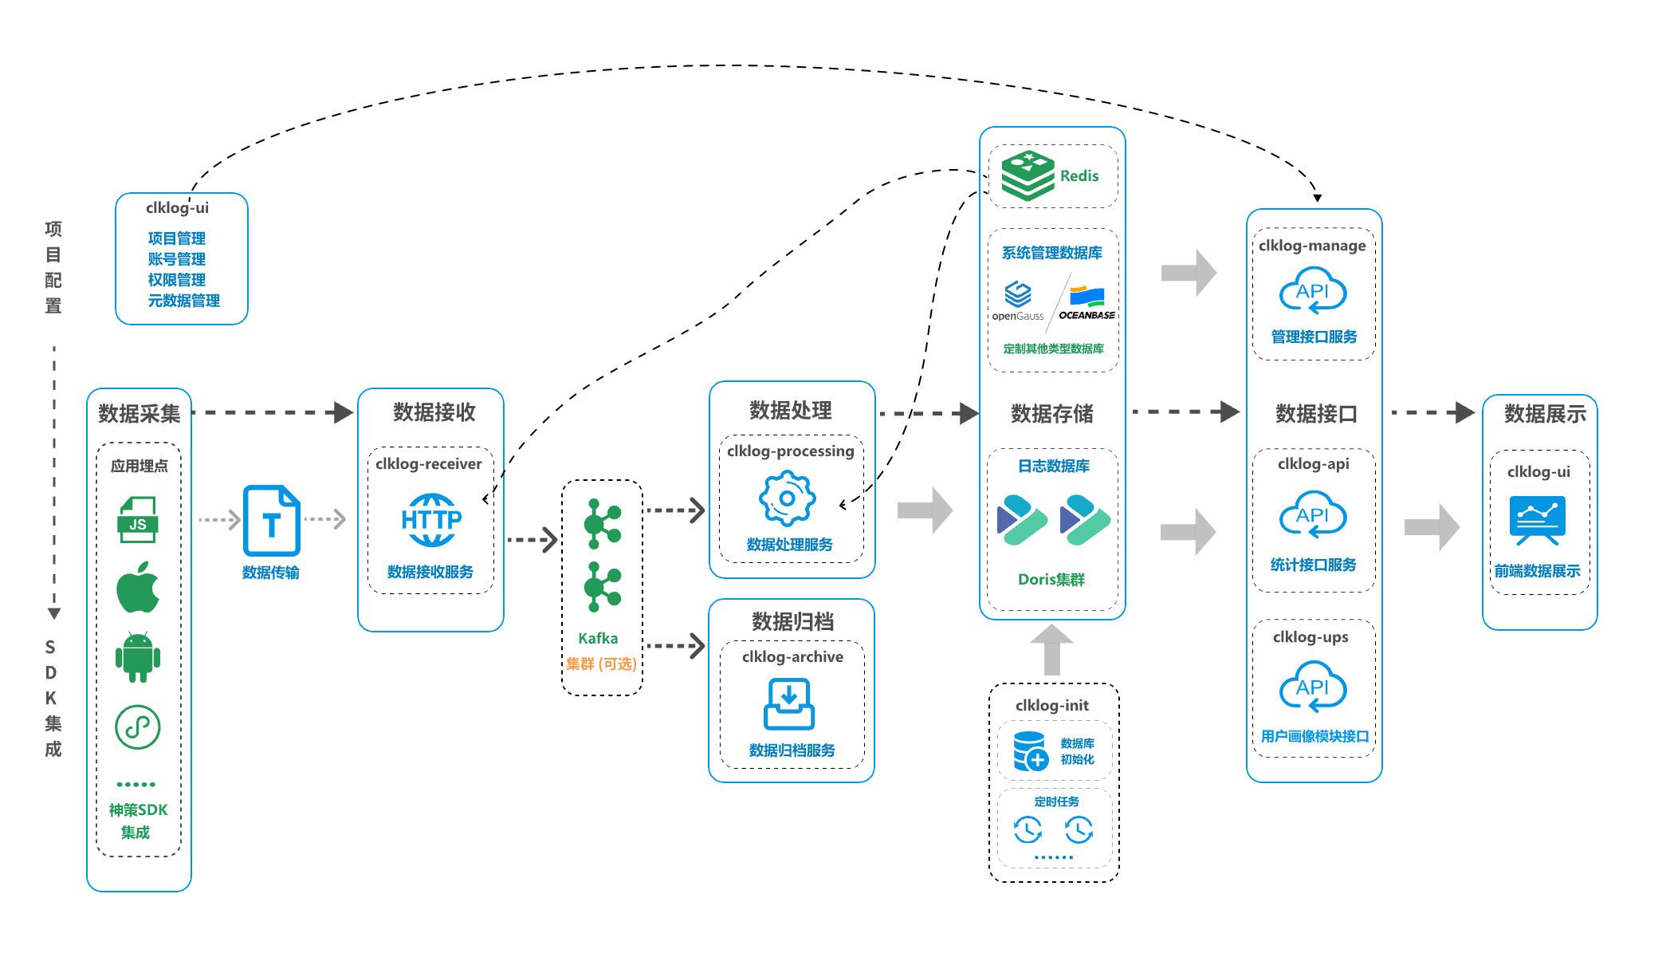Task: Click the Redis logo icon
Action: coord(1028,175)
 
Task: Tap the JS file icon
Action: coord(138,520)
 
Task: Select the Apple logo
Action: coord(138,587)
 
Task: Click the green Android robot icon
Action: coord(138,657)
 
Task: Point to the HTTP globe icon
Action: coord(431,520)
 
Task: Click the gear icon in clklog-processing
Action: coord(788,498)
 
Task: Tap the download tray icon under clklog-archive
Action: coord(789,703)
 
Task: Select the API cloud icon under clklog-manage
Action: coord(1313,293)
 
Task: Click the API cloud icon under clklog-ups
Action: coord(1313,687)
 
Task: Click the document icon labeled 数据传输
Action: coord(271,520)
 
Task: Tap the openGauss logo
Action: coord(1018,301)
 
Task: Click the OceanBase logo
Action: coord(1087,303)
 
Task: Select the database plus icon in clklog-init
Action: coord(1030,751)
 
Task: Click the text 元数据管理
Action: coord(184,301)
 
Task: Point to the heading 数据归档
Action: coord(792,621)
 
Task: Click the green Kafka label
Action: coord(598,638)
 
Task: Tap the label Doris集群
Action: coord(1051,580)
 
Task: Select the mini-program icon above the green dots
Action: coord(138,727)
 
